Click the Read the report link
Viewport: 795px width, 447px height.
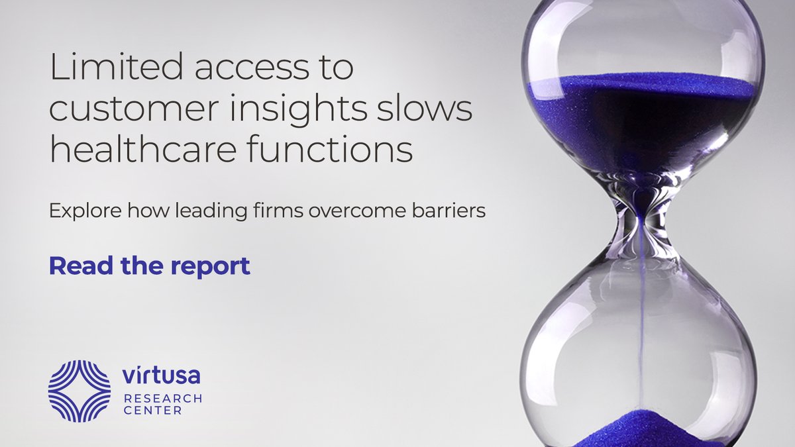point(150,265)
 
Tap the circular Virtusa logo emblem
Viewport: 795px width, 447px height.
point(79,391)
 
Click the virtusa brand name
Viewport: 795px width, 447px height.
point(161,376)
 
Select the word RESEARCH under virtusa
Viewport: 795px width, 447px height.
point(162,398)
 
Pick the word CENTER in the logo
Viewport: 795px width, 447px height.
point(153,411)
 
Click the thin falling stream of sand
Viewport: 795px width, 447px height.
point(641,318)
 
